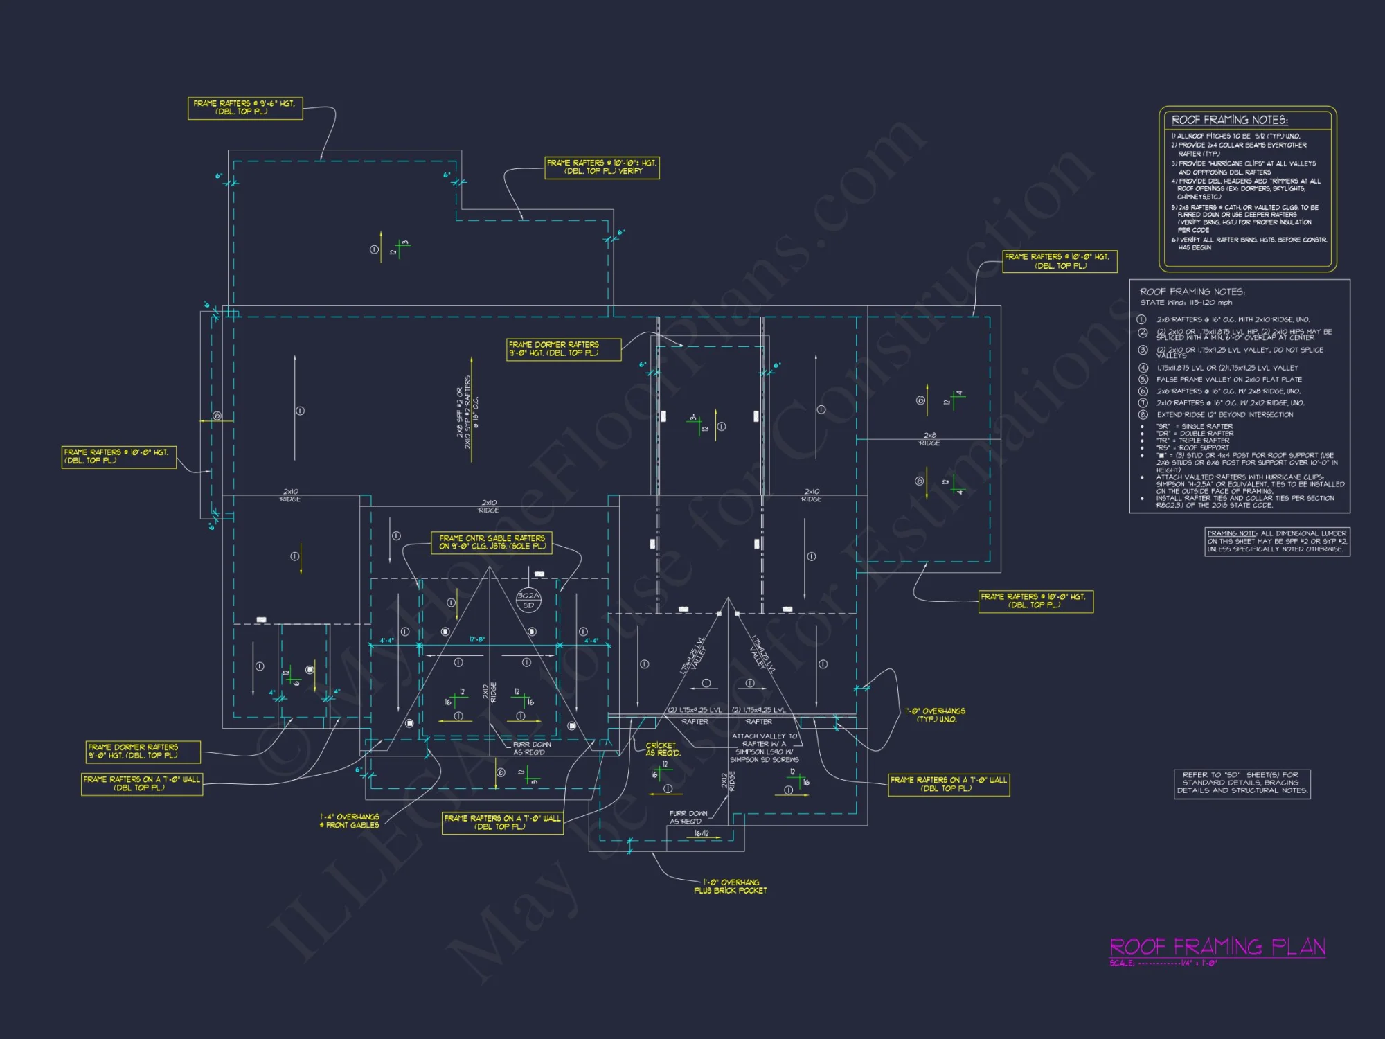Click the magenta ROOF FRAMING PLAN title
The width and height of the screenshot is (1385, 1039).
pos(1217,946)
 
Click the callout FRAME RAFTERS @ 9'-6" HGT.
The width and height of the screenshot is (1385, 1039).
pos(245,108)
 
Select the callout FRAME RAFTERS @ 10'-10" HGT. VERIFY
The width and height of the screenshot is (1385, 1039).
pos(602,168)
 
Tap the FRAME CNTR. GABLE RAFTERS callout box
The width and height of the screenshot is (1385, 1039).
pos(492,542)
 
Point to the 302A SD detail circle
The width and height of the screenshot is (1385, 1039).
pos(528,600)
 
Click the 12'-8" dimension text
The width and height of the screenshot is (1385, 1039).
pos(477,639)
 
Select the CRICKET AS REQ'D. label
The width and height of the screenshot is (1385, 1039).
pos(663,749)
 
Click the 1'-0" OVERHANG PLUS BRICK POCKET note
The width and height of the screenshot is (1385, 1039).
pos(731,887)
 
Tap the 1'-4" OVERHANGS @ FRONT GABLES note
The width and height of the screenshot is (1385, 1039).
pos(350,821)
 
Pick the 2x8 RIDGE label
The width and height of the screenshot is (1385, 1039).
pos(929,439)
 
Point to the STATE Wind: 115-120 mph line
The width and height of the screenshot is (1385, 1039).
pos(1186,303)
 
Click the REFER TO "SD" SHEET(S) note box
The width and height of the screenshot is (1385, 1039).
pos(1242,783)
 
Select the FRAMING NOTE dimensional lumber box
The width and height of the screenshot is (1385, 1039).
pos(1277,541)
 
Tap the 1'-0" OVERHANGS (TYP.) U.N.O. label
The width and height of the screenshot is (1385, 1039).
pos(935,715)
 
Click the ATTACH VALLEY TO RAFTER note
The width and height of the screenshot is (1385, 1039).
pos(765,748)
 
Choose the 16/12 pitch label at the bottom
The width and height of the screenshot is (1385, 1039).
pos(702,833)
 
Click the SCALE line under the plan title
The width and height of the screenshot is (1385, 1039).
pos(1163,963)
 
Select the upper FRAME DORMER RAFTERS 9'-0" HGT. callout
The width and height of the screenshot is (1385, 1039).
pos(564,349)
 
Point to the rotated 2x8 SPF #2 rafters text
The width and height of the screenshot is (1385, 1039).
pos(467,412)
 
